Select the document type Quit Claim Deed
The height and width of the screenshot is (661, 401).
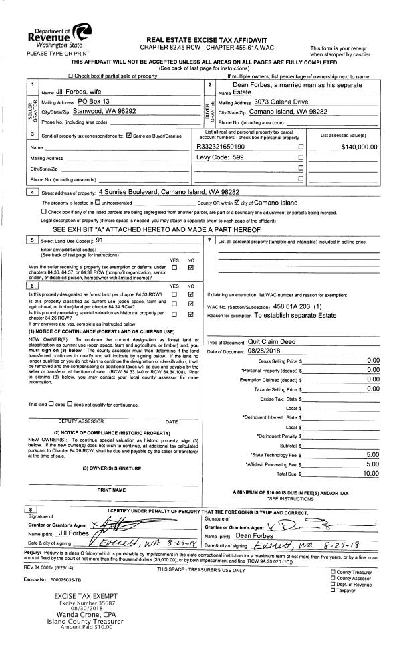click(271, 341)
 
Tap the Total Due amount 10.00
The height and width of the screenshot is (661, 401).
click(371, 473)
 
